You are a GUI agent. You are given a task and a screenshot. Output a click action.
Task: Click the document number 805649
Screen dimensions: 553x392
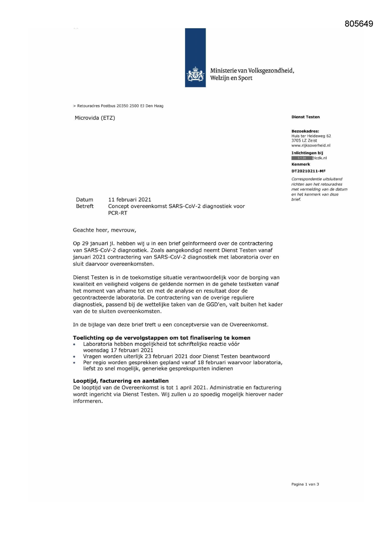359,24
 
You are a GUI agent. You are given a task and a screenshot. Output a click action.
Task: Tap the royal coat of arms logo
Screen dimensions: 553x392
196,75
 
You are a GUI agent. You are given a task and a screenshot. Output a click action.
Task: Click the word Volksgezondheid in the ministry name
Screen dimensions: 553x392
271,71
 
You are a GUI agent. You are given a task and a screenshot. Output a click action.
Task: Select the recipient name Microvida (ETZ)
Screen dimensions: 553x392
95,118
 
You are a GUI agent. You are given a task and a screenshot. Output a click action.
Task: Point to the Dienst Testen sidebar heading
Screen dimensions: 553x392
305,117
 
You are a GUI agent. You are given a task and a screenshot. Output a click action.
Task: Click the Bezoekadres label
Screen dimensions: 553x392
305,131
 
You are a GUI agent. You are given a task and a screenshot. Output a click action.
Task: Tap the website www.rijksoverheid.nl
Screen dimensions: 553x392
311,146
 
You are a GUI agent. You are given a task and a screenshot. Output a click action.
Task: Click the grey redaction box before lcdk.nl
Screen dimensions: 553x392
302,158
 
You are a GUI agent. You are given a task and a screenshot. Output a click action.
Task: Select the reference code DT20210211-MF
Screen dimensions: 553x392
308,171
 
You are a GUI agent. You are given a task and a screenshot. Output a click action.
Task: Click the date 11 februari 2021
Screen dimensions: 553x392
130,200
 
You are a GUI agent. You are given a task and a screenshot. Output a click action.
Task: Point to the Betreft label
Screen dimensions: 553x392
85,206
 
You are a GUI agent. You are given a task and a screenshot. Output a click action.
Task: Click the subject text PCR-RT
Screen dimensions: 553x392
118,213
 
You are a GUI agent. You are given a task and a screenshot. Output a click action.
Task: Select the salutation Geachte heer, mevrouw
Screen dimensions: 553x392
104,230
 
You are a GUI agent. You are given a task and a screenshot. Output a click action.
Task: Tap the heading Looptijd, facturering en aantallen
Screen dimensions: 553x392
121,381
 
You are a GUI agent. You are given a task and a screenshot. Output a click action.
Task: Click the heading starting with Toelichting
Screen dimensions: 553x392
161,338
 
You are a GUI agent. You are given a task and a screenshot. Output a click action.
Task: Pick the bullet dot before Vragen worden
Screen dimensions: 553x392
74,357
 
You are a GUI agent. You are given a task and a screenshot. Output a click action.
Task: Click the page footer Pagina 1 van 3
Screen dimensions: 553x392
305,484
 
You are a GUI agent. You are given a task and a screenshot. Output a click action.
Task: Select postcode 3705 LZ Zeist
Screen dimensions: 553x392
304,141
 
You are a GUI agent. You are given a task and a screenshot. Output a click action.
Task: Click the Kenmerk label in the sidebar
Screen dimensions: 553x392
301,164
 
